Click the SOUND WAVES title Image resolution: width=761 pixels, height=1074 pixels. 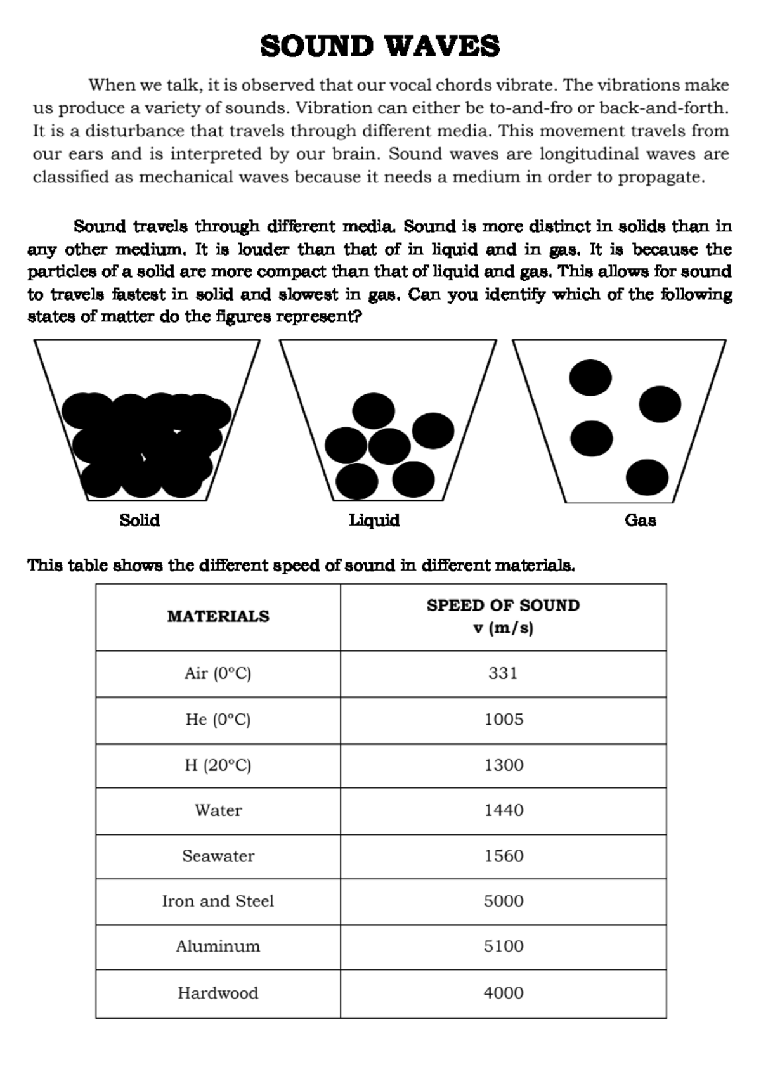pyautogui.click(x=380, y=47)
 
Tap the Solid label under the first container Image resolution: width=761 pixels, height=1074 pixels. pyautogui.click(x=140, y=521)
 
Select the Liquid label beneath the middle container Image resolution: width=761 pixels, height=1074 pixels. pyautogui.click(x=374, y=521)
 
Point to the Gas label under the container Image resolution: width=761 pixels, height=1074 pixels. pyautogui.click(x=640, y=521)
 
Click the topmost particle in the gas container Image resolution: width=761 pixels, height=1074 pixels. pyautogui.click(x=590, y=377)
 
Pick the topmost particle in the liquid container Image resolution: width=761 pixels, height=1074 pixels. pyautogui.click(x=374, y=410)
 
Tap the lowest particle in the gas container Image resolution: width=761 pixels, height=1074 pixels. pyautogui.click(x=647, y=477)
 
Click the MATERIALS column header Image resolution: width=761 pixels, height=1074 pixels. pyautogui.click(x=218, y=616)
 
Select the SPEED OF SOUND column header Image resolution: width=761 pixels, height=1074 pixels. pyautogui.click(x=503, y=605)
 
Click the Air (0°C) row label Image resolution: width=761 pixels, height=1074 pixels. pyautogui.click(x=218, y=673)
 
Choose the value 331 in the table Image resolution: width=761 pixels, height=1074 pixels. pyautogui.click(x=503, y=673)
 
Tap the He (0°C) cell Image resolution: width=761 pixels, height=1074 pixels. pyautogui.click(x=218, y=720)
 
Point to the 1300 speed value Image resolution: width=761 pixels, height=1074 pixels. pyautogui.click(x=504, y=765)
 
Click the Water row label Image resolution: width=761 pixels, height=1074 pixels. pyautogui.click(x=218, y=810)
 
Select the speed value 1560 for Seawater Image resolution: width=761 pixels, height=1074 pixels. pyautogui.click(x=504, y=856)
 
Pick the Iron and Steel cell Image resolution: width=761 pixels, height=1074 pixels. pyautogui.click(x=218, y=901)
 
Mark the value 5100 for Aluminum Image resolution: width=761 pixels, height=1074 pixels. pyautogui.click(x=504, y=947)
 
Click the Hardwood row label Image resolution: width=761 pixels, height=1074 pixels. pyautogui.click(x=218, y=993)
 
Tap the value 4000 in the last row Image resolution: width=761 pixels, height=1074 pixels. pyautogui.click(x=504, y=993)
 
